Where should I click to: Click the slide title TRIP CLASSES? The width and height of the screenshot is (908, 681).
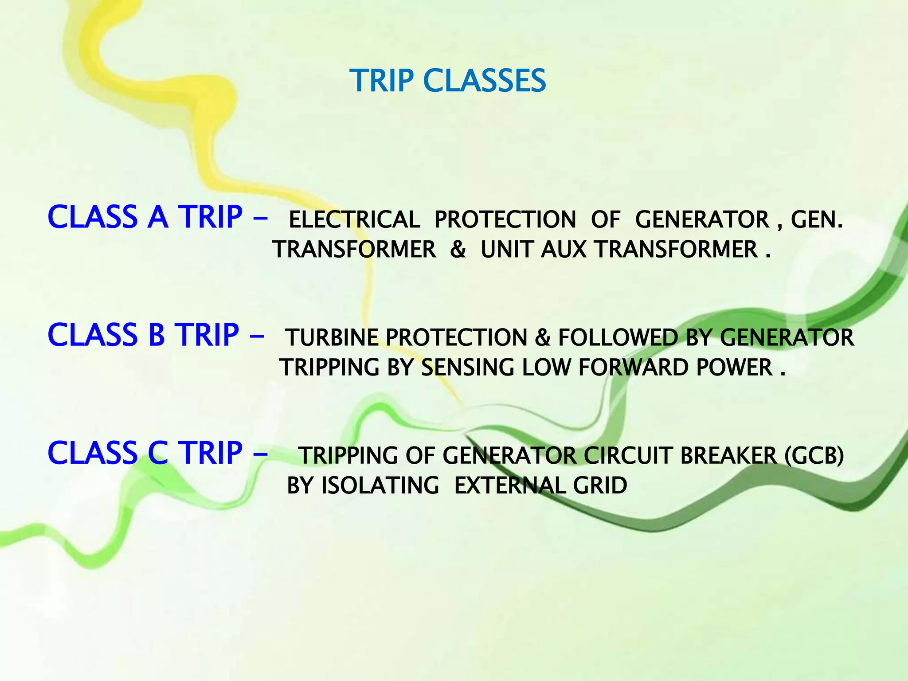coord(448,81)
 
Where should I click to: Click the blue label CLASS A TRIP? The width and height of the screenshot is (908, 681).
coord(145,217)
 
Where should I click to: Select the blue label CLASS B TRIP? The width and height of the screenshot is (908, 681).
coord(143,335)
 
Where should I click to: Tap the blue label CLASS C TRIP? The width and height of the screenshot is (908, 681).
coord(145,453)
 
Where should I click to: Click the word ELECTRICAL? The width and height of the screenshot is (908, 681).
coord(354,220)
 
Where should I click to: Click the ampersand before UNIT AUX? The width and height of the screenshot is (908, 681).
coord(458,250)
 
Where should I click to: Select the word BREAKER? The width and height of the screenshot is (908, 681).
coord(728,456)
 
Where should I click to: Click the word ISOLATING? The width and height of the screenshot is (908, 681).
coord(380,486)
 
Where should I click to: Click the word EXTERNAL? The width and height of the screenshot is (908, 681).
coord(510,486)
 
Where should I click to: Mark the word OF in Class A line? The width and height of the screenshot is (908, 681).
coord(605,220)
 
